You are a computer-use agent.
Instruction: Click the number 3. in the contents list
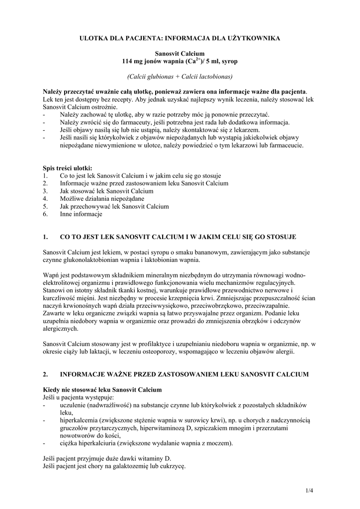45,191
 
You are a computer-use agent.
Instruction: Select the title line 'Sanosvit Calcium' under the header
180,53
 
